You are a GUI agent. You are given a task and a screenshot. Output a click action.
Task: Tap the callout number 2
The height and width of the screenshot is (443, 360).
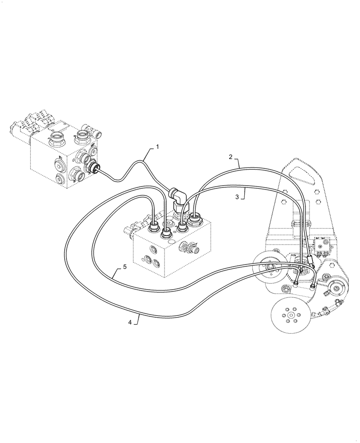231,156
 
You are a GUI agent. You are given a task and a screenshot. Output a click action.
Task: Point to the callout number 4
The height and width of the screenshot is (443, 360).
130,323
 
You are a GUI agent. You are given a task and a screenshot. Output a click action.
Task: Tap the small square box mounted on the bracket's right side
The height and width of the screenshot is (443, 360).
321,242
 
